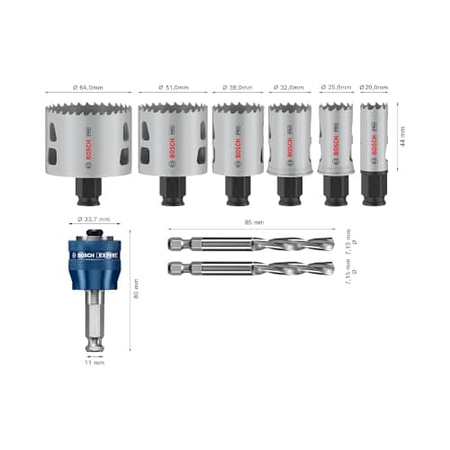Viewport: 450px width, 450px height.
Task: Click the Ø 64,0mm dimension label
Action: (88, 87)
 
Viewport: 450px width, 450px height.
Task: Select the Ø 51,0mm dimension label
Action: (173, 87)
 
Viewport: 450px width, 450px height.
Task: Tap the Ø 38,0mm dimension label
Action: (238, 87)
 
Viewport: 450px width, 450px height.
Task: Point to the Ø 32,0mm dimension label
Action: (289, 87)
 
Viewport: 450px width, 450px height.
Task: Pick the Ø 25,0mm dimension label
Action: (335, 87)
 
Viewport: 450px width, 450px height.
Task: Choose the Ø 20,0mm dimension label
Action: (374, 87)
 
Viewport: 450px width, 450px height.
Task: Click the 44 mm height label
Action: (401, 135)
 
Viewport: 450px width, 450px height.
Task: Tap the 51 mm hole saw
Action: (173, 139)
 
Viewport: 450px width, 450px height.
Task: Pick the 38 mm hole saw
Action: (238, 139)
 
